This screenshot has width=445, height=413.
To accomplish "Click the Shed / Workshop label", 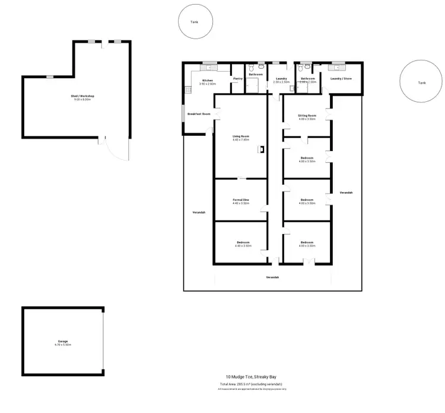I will click(x=84, y=95).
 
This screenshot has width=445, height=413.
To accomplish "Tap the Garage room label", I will click(x=63, y=341).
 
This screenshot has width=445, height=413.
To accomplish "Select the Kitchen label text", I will click(x=208, y=80).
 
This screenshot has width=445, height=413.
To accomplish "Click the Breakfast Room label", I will click(x=199, y=114).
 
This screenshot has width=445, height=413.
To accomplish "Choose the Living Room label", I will click(x=241, y=136).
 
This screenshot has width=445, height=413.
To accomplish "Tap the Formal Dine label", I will click(x=241, y=200).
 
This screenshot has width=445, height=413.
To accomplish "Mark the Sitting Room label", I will click(x=307, y=115).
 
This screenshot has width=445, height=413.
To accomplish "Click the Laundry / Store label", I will click(x=341, y=78).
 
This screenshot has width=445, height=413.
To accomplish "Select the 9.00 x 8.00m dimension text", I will click(x=84, y=99).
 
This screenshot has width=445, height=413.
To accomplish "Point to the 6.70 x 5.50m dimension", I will click(x=63, y=344).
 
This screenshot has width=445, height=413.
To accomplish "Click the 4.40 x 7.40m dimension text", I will click(x=241, y=140).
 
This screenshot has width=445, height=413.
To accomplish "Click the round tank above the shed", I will click(x=194, y=22).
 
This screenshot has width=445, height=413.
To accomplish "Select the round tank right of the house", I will click(x=421, y=82).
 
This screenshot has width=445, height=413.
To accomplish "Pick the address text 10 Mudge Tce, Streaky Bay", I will click(x=252, y=377).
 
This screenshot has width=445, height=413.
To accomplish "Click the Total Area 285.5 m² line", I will click(x=252, y=384).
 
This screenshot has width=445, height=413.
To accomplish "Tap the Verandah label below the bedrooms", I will click(x=272, y=277).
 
